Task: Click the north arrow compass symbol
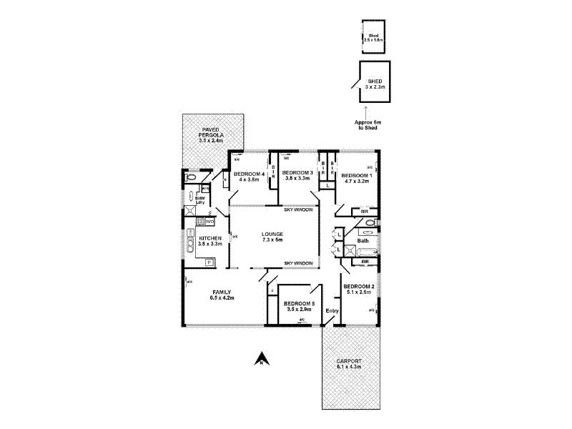(262, 360)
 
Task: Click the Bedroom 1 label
(355, 178)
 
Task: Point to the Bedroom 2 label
(359, 290)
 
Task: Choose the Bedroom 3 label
(297, 175)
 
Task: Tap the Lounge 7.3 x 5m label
(272, 237)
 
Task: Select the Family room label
(222, 295)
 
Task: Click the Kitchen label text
(210, 241)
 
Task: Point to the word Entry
(332, 310)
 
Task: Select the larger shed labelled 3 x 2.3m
(371, 84)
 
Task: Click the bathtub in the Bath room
(364, 252)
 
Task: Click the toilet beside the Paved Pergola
(191, 177)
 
